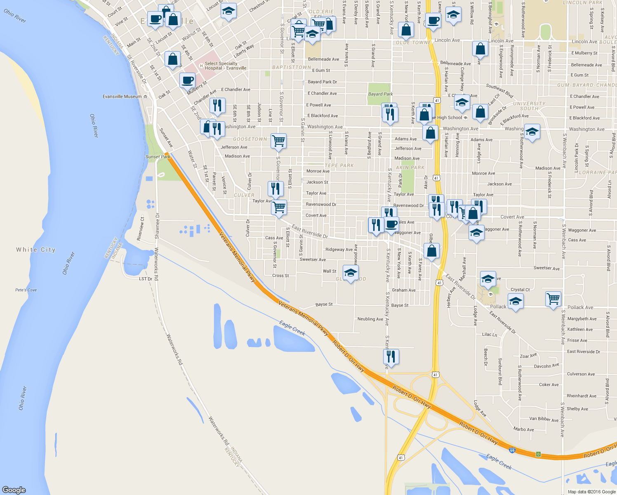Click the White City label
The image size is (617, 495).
tap(35, 250)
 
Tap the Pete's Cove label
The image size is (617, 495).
tap(26, 290)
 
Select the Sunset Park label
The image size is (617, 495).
tap(158, 157)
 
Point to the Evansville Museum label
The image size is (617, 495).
tap(122, 97)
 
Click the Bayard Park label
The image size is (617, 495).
tap(380, 94)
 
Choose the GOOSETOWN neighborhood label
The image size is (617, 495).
tap(250, 139)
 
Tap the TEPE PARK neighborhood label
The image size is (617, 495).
tap(339, 165)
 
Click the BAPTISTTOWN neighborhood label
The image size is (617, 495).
tap(292, 67)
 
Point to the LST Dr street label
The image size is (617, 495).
tap(146, 279)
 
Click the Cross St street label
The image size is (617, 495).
tap(280, 276)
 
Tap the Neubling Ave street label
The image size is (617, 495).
tap(370, 319)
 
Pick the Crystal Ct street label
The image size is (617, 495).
tap(520, 290)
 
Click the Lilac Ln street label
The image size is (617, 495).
tap(490, 335)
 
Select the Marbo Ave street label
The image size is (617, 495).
tap(523, 429)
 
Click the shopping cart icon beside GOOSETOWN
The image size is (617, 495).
tap(279, 140)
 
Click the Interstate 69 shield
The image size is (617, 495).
tap(512, 450)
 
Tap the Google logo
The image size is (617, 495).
tap(14, 490)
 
